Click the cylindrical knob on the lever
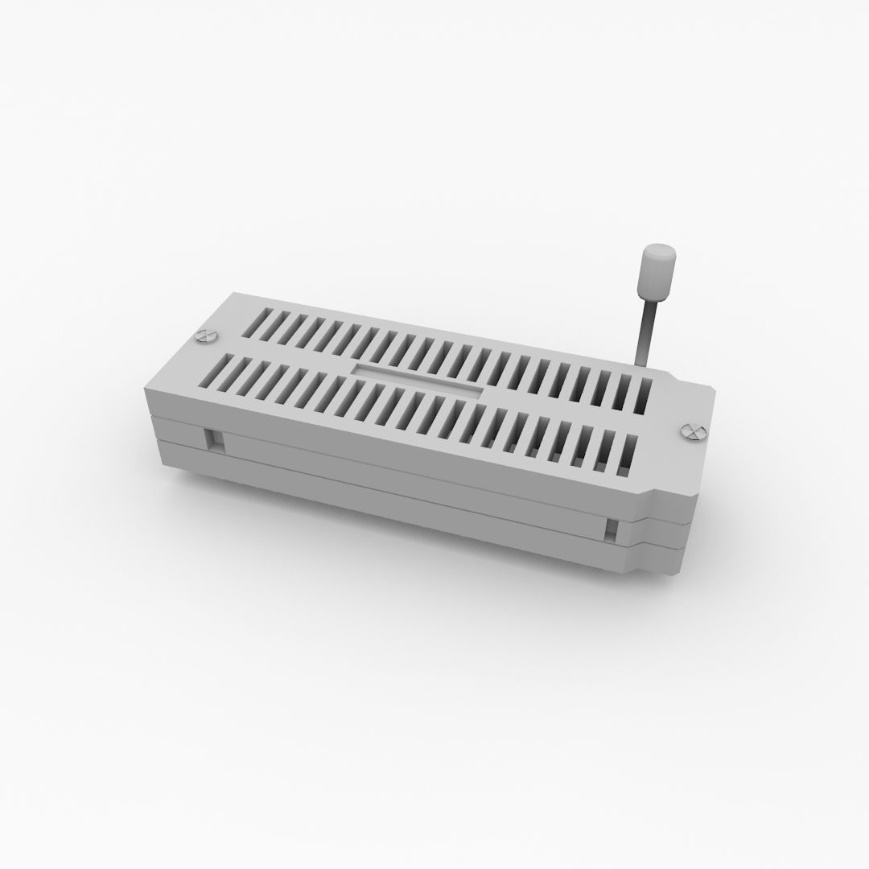(x=656, y=274)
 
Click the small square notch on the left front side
(x=216, y=439)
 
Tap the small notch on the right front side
(x=612, y=529)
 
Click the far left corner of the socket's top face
(x=233, y=294)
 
